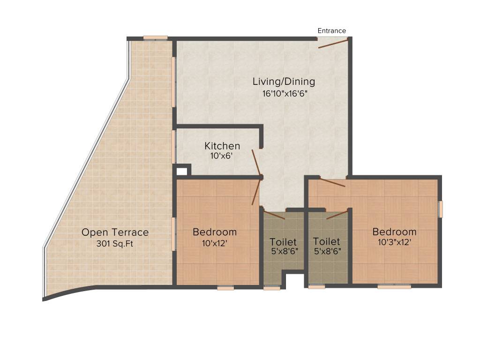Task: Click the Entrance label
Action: click(x=331, y=31)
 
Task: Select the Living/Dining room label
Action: click(x=284, y=82)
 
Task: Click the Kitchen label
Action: click(x=222, y=146)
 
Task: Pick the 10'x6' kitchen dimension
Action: click(x=222, y=156)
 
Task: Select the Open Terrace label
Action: click(x=115, y=232)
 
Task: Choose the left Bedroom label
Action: click(x=215, y=232)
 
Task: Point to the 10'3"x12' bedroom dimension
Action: click(x=394, y=243)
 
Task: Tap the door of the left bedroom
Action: click(x=256, y=192)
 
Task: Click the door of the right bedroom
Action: click(x=332, y=183)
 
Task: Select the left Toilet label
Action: click(x=283, y=242)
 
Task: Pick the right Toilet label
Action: click(x=326, y=241)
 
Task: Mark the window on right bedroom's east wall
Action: click(x=440, y=209)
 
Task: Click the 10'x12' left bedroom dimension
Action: click(x=214, y=243)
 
